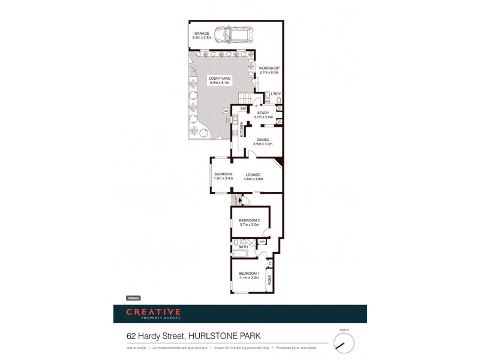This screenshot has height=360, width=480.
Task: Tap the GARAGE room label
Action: click(202, 34)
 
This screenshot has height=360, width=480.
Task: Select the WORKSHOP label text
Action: click(269, 68)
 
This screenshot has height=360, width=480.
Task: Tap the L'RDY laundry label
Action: click(276, 94)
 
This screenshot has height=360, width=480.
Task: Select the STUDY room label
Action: click(263, 112)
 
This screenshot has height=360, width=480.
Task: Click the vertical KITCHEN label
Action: click(242, 130)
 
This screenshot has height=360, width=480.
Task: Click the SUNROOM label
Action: click(223, 174)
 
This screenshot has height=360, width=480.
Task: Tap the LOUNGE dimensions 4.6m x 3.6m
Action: click(253, 179)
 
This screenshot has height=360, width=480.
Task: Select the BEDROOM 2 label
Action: click(250, 220)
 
